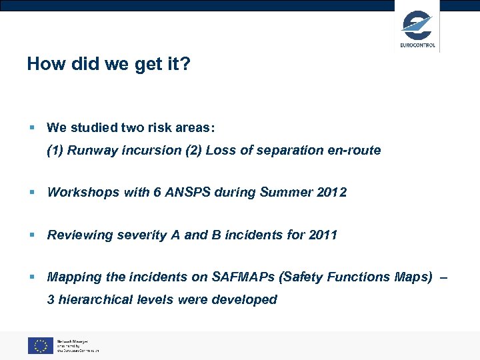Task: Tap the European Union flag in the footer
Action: click(x=40, y=345)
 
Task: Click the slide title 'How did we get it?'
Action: click(x=109, y=64)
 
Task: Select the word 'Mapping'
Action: click(x=73, y=277)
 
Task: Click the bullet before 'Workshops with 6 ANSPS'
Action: click(x=31, y=193)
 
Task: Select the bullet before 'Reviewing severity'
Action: click(x=31, y=235)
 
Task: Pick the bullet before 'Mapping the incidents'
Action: click(x=31, y=277)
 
